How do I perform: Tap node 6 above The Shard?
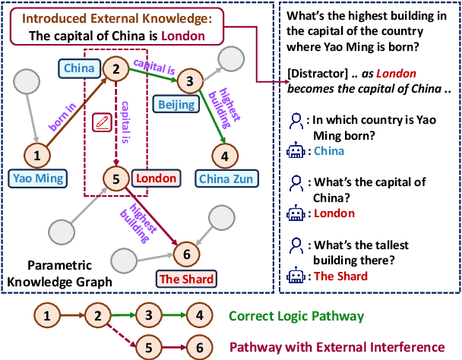(x=187, y=251)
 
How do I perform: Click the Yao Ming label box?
(x=36, y=179)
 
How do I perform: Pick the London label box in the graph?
(x=156, y=178)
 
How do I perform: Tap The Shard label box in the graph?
(x=186, y=278)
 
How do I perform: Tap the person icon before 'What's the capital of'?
(x=296, y=182)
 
